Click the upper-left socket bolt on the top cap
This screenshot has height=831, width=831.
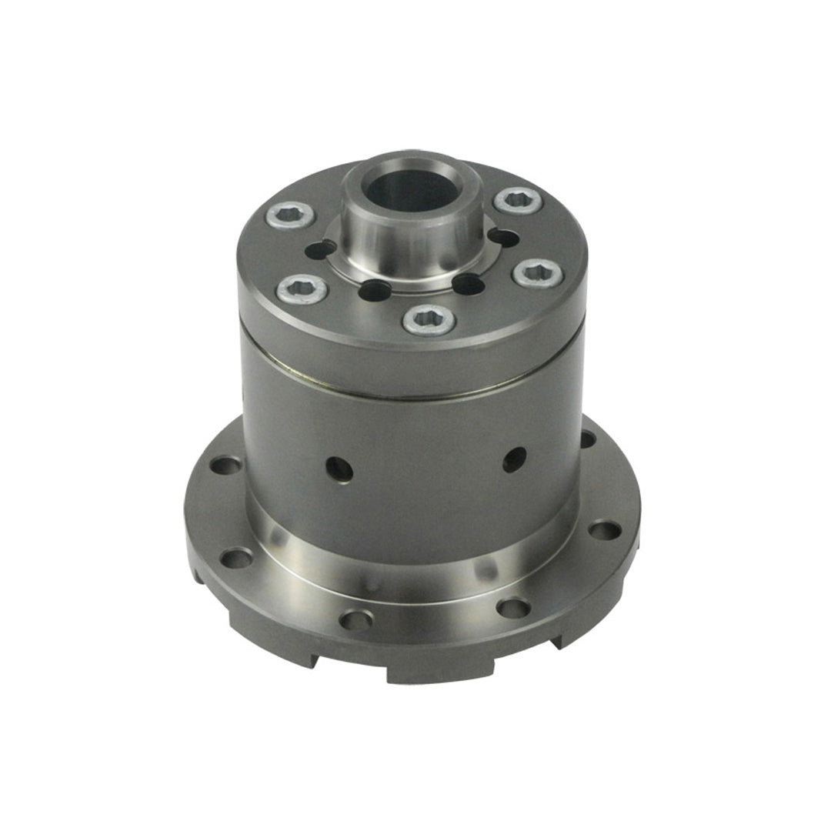291,215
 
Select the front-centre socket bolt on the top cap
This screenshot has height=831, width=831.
429,319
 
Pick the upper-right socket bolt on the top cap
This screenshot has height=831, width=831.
517,201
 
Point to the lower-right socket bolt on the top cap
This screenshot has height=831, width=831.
538,273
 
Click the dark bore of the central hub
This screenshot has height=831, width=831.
413,191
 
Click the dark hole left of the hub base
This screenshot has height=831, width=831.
322,249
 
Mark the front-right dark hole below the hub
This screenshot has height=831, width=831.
469,285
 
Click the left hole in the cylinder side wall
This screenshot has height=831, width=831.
339,468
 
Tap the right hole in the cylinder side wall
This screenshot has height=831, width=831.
515,459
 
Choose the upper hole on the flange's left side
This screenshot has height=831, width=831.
226,466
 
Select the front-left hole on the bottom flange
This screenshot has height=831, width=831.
355,619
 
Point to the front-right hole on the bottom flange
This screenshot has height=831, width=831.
513,607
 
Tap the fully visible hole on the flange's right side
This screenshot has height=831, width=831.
605,530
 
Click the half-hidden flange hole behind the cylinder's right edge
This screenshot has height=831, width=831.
587,439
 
